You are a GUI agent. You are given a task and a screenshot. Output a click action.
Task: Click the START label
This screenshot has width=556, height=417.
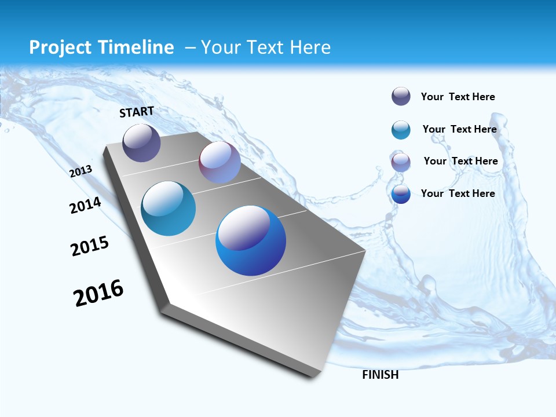137,112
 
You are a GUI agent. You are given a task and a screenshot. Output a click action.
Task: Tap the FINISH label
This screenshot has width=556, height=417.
381,375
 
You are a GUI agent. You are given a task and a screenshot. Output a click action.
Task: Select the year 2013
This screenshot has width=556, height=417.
81,171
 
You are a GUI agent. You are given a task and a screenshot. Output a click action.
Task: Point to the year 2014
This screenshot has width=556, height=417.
85,206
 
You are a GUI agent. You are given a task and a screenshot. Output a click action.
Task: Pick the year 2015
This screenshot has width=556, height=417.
90,246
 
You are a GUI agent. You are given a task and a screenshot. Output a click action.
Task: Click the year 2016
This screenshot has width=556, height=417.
98,293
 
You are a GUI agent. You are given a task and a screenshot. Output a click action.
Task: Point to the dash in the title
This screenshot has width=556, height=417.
189,47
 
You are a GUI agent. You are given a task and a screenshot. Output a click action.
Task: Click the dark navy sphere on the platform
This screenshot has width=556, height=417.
141,142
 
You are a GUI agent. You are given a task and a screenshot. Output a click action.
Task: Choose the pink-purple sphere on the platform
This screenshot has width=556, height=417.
220,162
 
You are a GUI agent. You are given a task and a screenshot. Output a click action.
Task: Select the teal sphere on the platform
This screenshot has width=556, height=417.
169,209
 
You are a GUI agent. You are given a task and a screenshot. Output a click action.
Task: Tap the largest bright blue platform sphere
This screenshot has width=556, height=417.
251,240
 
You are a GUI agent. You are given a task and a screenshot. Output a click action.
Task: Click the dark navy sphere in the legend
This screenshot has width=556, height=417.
401,97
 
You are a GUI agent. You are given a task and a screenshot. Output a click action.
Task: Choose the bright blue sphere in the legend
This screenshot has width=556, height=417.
401,194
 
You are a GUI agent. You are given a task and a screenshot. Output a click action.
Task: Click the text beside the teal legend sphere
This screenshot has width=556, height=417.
459,129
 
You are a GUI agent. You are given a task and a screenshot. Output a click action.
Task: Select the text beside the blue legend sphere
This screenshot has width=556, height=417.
458,193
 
